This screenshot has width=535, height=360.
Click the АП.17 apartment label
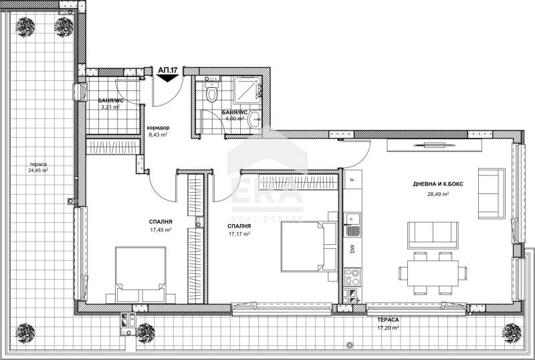click(168, 70)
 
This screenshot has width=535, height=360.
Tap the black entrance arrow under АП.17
click(168, 78)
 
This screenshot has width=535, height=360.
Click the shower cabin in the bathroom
click(247, 90)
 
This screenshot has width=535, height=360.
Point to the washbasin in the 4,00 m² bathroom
click(255, 119)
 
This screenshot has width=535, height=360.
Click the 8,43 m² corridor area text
click(158, 134)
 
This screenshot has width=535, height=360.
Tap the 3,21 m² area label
click(110, 107)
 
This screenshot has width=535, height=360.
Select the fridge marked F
click(352, 179)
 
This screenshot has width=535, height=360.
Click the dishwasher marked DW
click(352, 249)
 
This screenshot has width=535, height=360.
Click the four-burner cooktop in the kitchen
click(352, 276)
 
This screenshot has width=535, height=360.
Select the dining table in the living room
click(433, 273)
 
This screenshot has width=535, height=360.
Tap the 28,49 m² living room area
click(438, 194)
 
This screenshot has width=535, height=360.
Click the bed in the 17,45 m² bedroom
click(140, 274)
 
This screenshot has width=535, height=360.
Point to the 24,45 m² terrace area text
click(38, 170)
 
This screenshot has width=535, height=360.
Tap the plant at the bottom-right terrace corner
click(512, 333)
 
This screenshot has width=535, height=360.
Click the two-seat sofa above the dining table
click(433, 235)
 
